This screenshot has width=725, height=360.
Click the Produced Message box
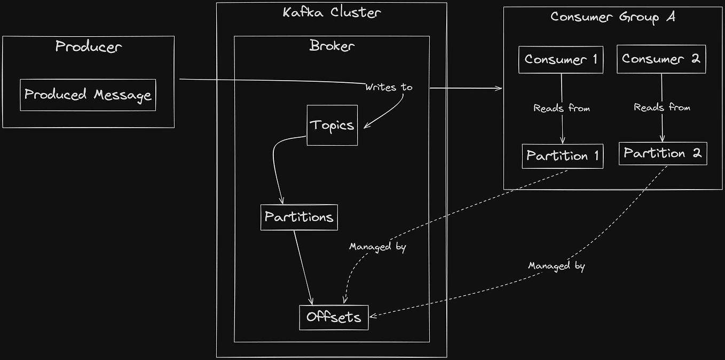click(x=88, y=95)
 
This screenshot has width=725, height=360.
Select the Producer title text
click(x=89, y=46)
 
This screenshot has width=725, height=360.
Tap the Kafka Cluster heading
click(x=332, y=12)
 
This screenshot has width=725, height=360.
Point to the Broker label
click(x=332, y=46)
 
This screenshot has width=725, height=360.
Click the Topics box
click(x=332, y=125)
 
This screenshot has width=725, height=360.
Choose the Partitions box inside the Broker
click(x=299, y=217)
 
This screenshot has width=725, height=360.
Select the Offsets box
click(x=334, y=317)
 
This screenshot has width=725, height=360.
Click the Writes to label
click(x=389, y=87)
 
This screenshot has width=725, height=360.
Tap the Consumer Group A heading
click(x=613, y=17)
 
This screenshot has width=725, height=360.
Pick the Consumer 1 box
click(x=561, y=59)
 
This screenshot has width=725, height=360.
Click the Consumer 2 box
click(x=661, y=59)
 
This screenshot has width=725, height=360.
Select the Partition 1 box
click(x=563, y=156)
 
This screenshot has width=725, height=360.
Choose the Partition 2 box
click(x=663, y=153)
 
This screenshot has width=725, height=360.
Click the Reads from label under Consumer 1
click(x=562, y=108)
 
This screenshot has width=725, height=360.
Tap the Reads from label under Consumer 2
click(x=662, y=107)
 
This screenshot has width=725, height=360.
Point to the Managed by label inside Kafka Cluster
click(x=377, y=247)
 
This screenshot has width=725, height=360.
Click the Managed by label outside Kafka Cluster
click(x=556, y=265)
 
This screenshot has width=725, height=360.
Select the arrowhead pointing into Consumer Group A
click(x=499, y=88)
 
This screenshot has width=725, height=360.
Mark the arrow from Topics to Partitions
click(x=274, y=166)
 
